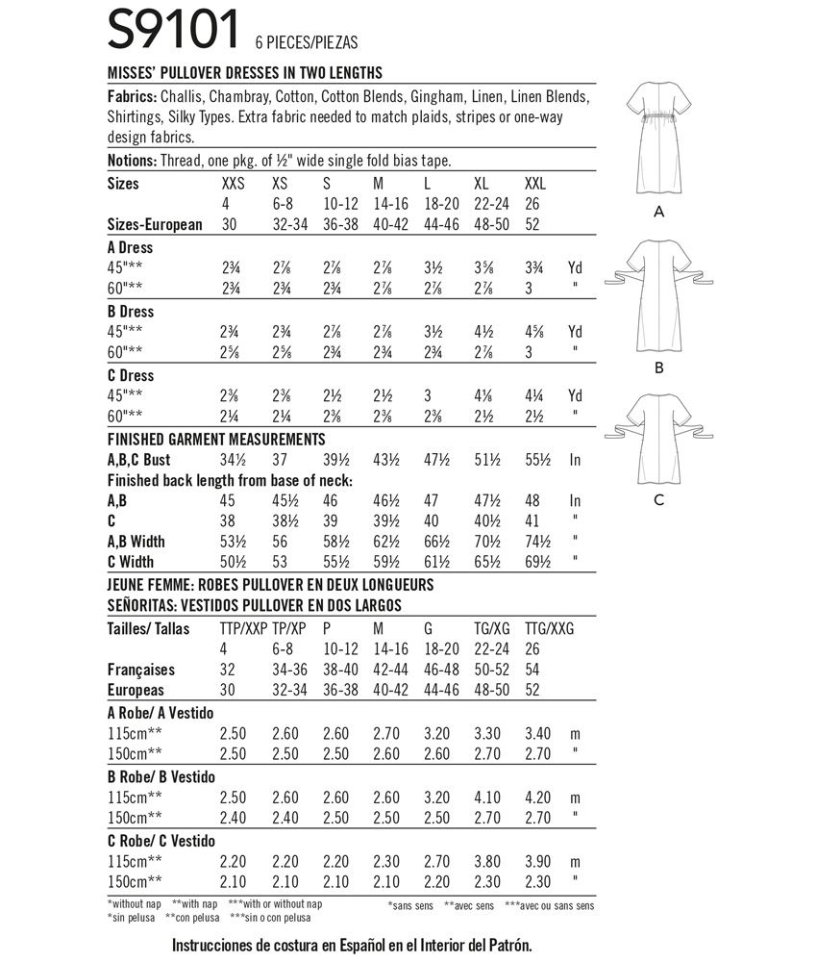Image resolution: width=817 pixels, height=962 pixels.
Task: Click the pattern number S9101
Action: tap(173, 29)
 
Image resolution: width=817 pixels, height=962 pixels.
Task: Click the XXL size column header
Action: tap(535, 183)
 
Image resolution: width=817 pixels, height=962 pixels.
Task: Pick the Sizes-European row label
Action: tap(155, 224)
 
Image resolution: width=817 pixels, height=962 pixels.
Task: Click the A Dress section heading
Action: tap(130, 247)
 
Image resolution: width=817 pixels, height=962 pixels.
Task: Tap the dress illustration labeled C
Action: tap(658, 438)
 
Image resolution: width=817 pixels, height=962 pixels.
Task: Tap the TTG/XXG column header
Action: tap(550, 628)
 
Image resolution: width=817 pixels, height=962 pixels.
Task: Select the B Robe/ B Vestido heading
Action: tap(161, 776)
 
